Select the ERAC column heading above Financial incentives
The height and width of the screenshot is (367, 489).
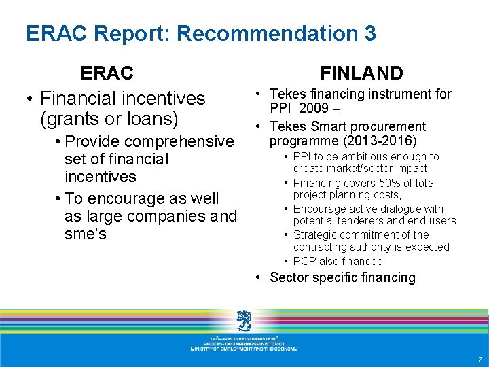click(x=107, y=73)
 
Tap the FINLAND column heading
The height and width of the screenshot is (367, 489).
click(x=361, y=73)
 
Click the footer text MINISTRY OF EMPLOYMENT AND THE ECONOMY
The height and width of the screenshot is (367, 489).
click(x=244, y=349)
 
